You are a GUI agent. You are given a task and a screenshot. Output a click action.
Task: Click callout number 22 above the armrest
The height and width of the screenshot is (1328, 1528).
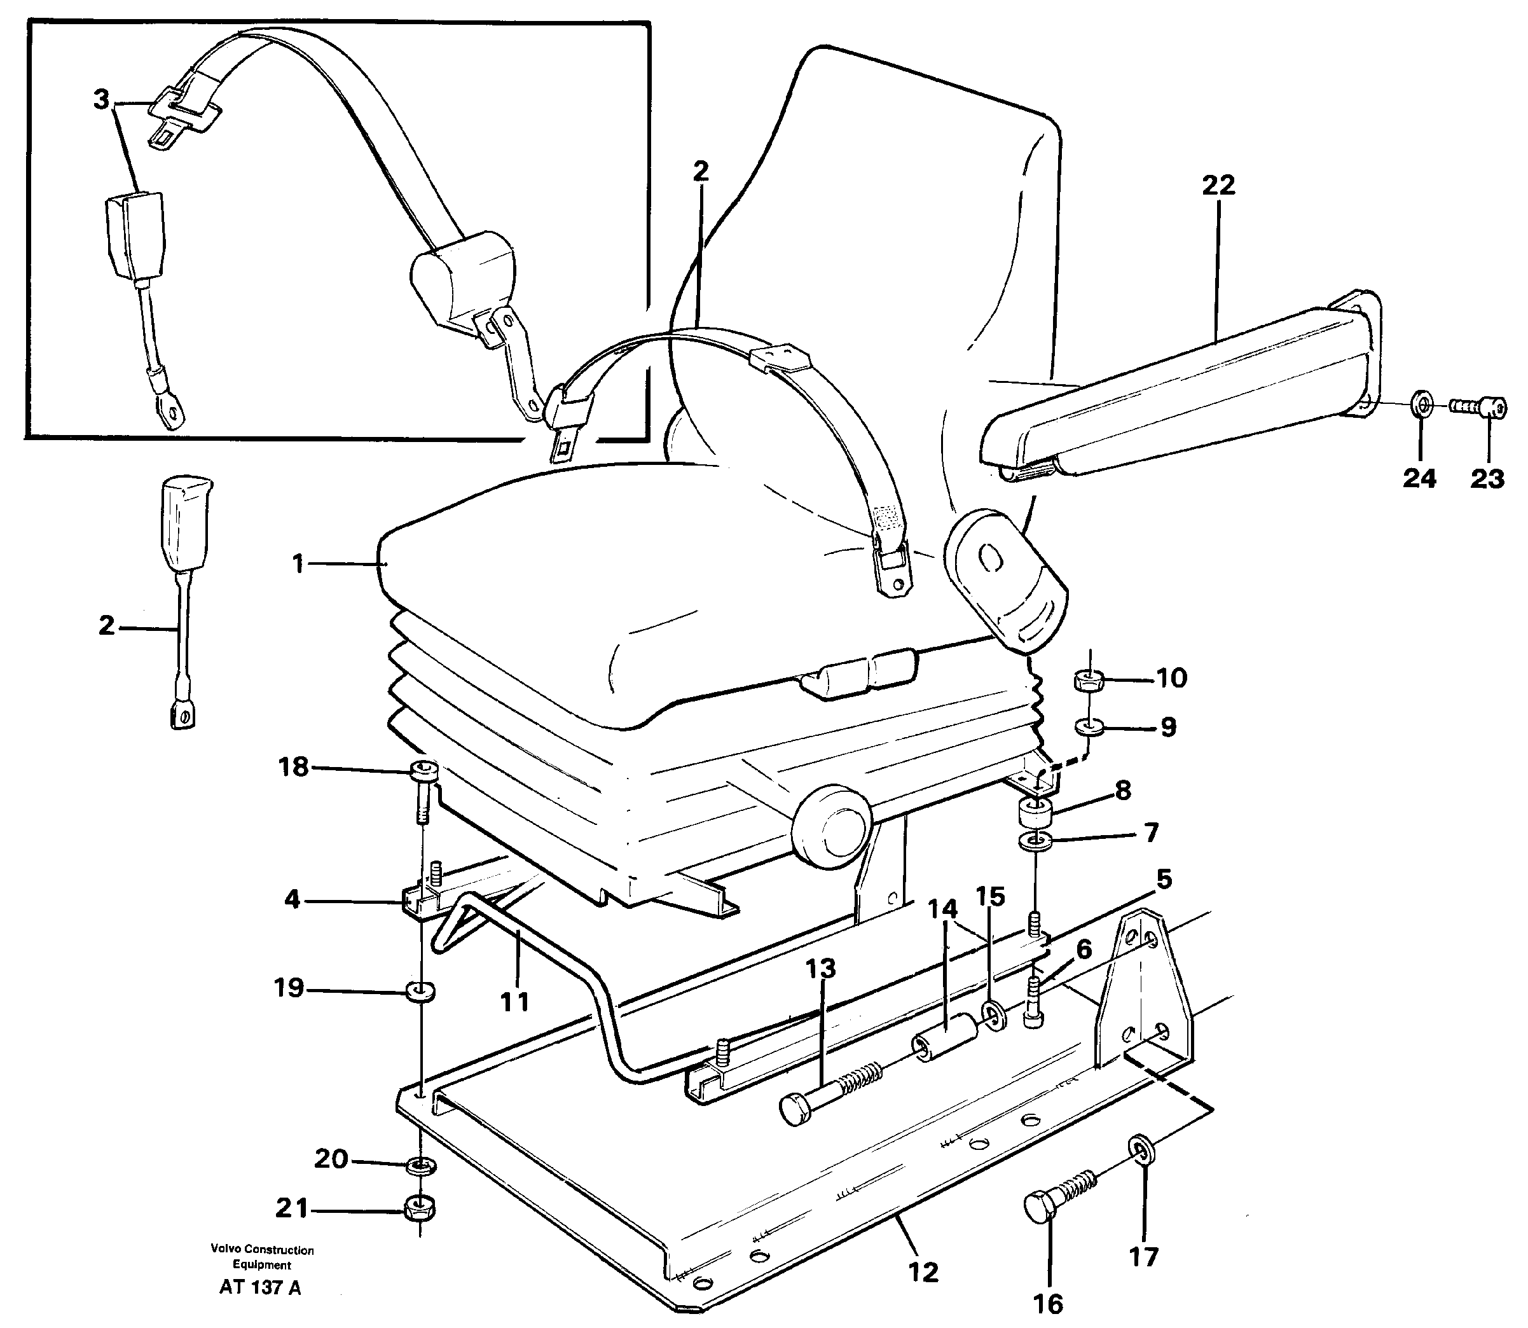click(1218, 184)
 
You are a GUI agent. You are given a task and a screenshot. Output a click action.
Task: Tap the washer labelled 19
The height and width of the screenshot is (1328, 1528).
click(421, 991)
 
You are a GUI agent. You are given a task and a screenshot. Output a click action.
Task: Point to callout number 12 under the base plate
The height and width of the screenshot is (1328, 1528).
click(923, 1271)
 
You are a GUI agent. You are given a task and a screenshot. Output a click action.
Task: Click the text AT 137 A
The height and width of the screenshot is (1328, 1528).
click(259, 1287)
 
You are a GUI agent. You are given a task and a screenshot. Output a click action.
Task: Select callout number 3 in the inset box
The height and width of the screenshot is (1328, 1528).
click(102, 99)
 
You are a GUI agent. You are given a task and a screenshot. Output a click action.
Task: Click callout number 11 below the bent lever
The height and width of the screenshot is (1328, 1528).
click(514, 1002)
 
